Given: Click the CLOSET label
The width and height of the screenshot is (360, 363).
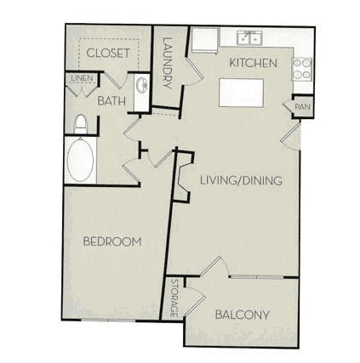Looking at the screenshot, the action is click(x=108, y=53).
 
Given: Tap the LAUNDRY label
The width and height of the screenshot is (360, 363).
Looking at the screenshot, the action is click(x=168, y=63).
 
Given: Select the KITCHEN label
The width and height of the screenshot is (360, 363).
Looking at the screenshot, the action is click(x=253, y=63).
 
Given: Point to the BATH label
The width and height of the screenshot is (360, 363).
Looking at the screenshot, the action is click(x=111, y=101).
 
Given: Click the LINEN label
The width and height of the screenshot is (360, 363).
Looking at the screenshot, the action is click(x=82, y=78).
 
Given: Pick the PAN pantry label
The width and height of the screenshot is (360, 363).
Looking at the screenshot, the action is click(x=302, y=107).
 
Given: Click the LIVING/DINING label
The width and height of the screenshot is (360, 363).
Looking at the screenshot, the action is click(x=241, y=180).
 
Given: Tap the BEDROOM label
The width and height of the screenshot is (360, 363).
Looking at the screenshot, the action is click(x=112, y=241).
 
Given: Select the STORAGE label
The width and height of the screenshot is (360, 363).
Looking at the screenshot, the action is click(x=174, y=298).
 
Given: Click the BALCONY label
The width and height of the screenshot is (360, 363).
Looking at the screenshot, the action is click(x=242, y=315).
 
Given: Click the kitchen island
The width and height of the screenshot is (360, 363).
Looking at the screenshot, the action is click(x=241, y=93).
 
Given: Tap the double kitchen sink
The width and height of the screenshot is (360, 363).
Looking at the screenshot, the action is click(x=249, y=38).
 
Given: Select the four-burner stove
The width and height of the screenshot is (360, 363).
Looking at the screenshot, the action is click(x=302, y=70).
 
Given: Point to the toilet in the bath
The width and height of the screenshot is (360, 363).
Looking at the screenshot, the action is click(x=80, y=124).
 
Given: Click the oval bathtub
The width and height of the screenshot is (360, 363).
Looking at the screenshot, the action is click(x=81, y=160).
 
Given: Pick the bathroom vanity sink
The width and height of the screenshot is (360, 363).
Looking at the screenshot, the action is click(x=141, y=85).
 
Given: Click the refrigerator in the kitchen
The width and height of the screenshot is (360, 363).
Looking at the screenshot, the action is click(x=205, y=40).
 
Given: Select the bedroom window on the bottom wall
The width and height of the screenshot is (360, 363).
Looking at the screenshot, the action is click(x=108, y=320).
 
